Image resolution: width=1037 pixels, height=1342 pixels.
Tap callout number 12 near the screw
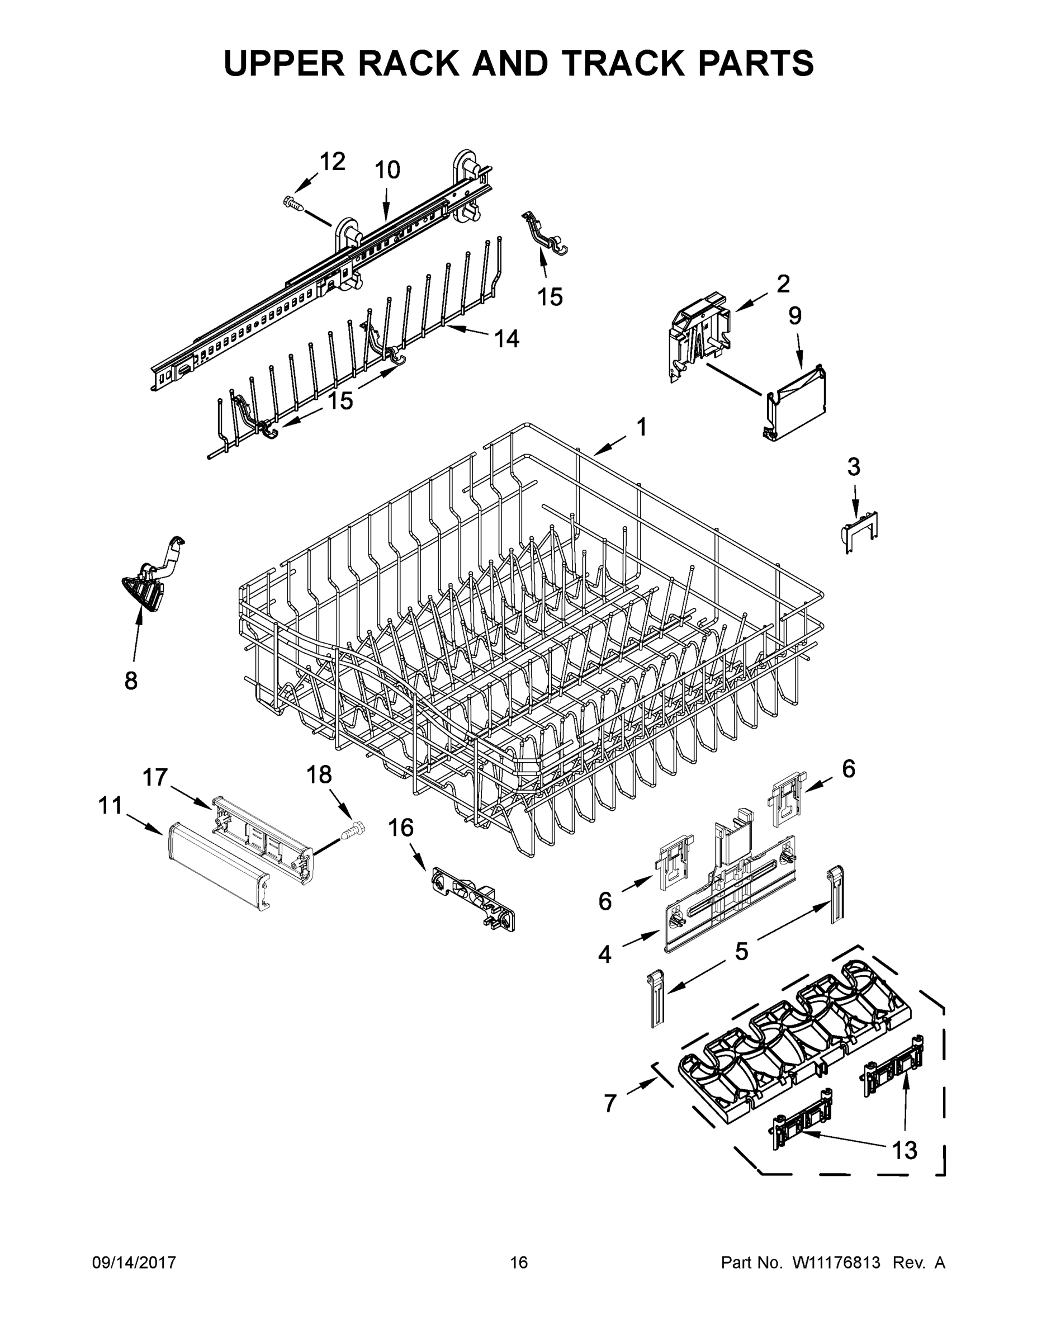(333, 162)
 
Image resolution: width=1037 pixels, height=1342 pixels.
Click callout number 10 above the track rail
(387, 169)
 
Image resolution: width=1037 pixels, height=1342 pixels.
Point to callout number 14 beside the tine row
(507, 338)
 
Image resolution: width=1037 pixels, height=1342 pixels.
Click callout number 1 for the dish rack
(641, 427)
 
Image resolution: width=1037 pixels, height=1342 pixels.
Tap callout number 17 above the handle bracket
(155, 777)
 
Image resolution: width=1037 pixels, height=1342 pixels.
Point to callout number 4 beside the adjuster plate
(604, 955)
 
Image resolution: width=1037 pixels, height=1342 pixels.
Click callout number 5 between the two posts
(741, 952)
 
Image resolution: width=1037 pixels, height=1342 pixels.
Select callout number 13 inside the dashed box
(905, 1150)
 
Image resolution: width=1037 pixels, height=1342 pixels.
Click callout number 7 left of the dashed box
(609, 1104)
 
